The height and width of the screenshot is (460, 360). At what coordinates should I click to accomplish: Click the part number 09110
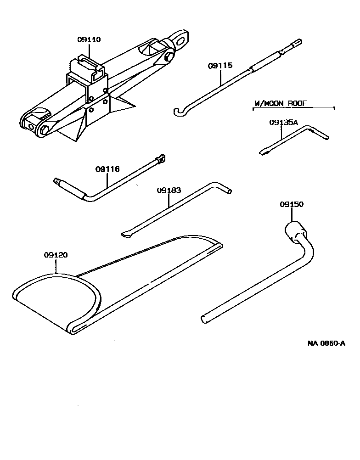[x=89, y=40]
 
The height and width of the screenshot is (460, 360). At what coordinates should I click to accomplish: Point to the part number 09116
[x=107, y=169]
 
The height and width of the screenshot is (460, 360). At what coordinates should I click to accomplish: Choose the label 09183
[x=169, y=190]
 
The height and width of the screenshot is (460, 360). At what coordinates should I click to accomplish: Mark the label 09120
[x=56, y=255]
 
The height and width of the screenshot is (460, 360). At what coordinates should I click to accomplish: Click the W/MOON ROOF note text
[x=280, y=104]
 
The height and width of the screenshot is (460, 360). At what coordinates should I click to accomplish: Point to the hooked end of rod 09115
[x=180, y=111]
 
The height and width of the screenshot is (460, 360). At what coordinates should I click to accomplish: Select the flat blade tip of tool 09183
[x=126, y=235]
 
